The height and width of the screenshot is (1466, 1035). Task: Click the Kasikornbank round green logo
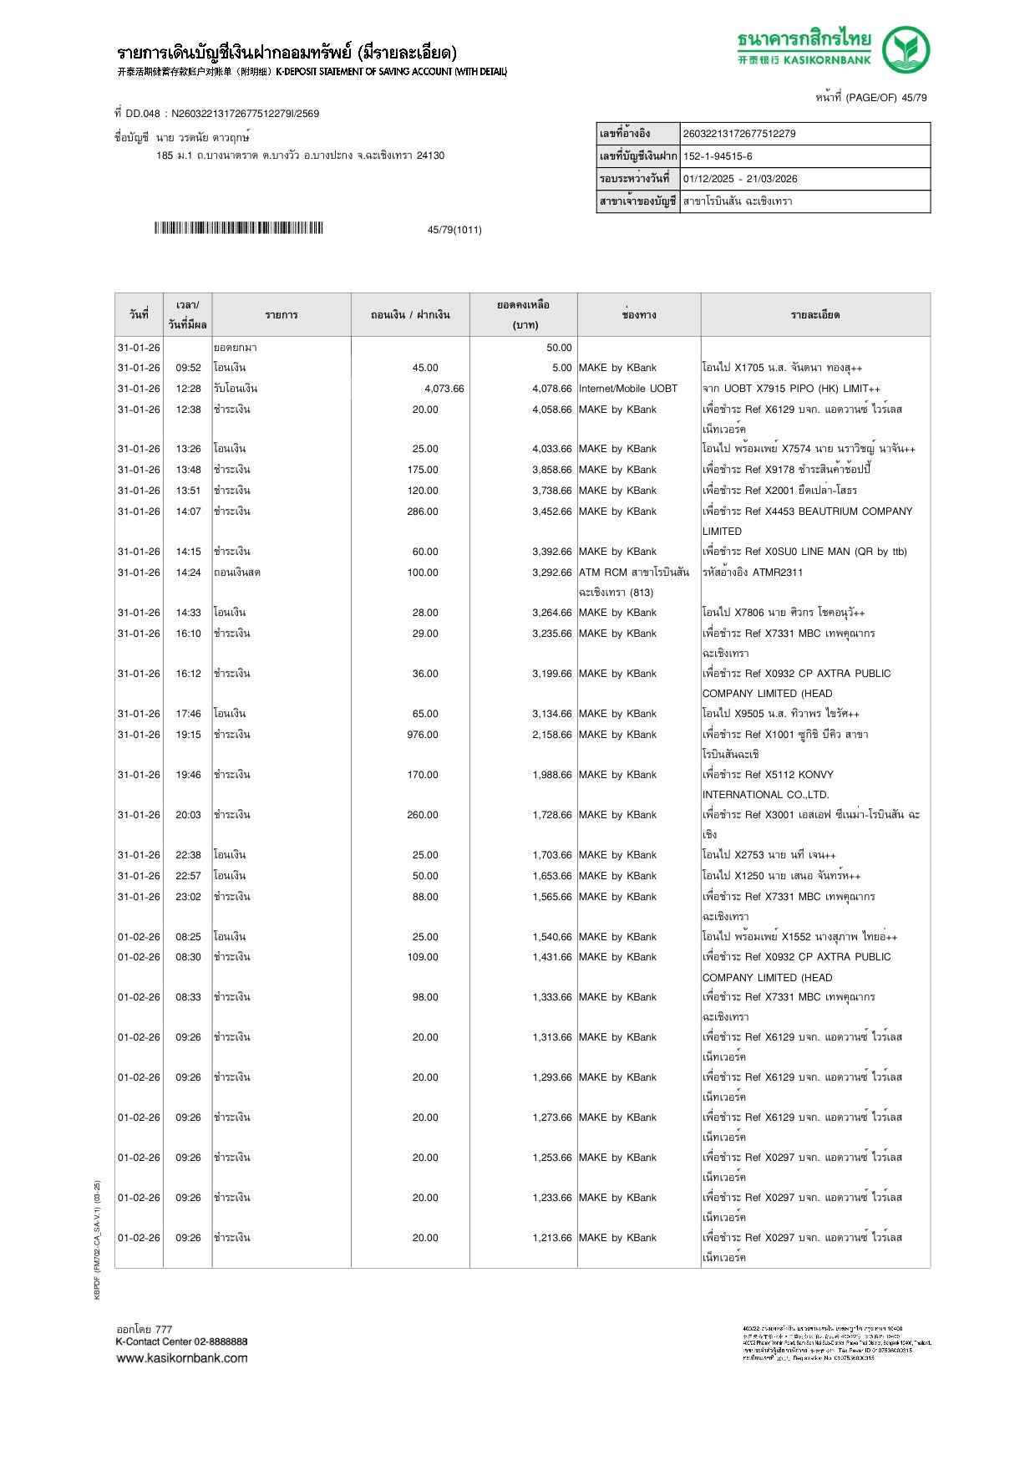(906, 49)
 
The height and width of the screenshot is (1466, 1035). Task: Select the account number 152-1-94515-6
(718, 156)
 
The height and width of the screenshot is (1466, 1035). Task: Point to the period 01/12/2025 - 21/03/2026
(740, 179)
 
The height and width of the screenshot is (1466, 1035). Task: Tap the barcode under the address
(238, 228)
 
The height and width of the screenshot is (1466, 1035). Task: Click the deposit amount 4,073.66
(444, 389)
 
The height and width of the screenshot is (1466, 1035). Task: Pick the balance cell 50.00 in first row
(559, 348)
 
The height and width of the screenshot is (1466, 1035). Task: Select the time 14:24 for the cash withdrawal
(188, 573)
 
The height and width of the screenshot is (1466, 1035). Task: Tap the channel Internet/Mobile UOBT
(627, 389)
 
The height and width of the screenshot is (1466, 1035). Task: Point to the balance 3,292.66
(551, 573)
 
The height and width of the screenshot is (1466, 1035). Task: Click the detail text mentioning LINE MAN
(804, 552)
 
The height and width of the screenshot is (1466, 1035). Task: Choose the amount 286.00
(423, 512)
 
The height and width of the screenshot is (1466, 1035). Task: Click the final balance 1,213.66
(551, 1238)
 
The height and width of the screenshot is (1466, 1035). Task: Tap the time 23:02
(188, 897)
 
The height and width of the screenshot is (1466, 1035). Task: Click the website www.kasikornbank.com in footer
(182, 1358)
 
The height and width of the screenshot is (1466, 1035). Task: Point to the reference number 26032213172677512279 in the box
(739, 134)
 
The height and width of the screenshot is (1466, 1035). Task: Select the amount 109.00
(423, 957)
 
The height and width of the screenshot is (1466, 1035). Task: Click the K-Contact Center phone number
(221, 1341)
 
